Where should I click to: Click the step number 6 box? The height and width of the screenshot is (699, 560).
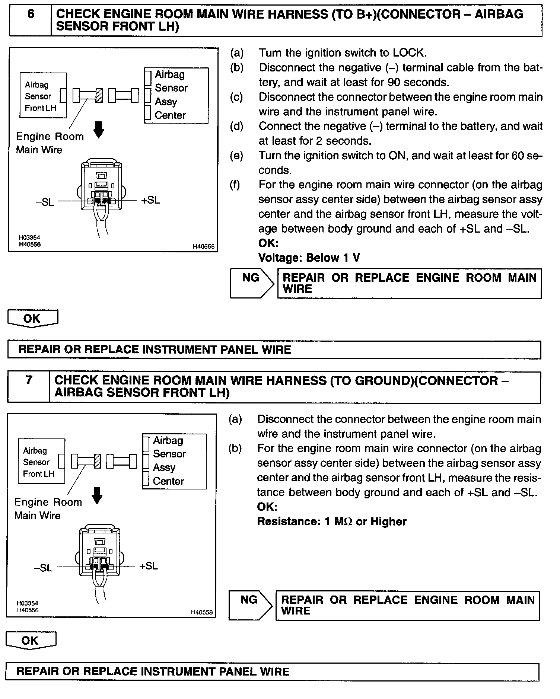[x=31, y=20]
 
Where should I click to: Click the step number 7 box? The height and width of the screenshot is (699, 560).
[x=29, y=386]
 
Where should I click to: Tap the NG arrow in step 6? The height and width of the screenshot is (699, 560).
[x=252, y=283]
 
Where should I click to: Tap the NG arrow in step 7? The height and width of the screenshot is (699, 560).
[x=250, y=605]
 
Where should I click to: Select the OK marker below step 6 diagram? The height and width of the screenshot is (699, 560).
[x=32, y=319]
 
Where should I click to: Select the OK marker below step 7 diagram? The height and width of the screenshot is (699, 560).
[x=31, y=641]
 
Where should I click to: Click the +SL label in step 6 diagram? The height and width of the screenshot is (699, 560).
[x=150, y=200]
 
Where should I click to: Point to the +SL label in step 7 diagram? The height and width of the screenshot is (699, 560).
[x=149, y=566]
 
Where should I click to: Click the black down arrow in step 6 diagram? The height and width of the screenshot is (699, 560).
[x=99, y=130]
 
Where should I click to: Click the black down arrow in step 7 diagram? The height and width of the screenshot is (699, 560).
[x=97, y=496]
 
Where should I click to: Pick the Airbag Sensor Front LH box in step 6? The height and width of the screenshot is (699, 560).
[x=43, y=96]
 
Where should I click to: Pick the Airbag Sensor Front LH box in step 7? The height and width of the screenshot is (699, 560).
[x=41, y=462]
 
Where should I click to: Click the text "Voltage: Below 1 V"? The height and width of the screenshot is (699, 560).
[x=309, y=258]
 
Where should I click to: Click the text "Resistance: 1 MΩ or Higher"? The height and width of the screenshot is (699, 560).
[x=331, y=521]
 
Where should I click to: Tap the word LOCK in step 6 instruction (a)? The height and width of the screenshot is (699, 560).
[x=408, y=53]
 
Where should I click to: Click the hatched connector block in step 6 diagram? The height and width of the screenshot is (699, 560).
[x=99, y=96]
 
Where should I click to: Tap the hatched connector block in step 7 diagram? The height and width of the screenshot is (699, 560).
[x=98, y=462]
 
